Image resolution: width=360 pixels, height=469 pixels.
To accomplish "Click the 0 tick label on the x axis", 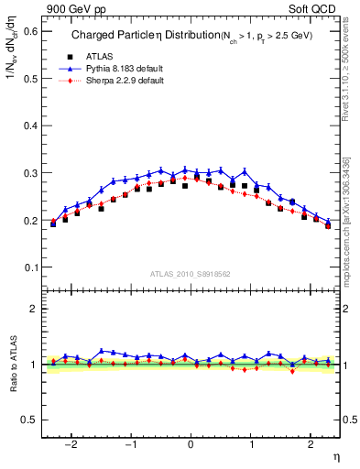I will [191, 443].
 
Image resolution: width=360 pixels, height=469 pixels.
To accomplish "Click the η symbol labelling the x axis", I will [335, 455].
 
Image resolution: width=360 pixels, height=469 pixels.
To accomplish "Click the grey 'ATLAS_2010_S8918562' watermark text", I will [191, 274].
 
